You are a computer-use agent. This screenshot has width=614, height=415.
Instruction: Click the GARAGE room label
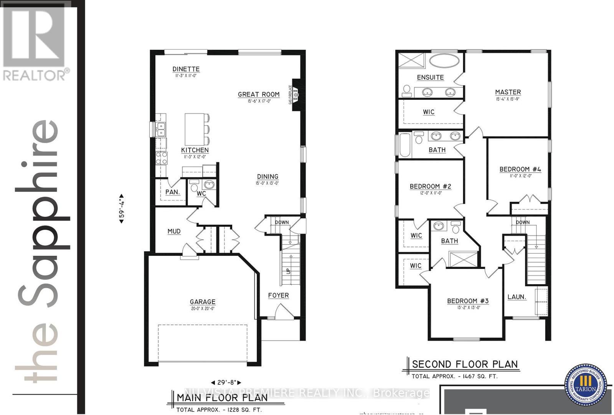coord(202,302)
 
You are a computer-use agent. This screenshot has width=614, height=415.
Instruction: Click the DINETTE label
coord(186,69)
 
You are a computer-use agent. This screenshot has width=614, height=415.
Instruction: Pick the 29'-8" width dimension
coord(226,382)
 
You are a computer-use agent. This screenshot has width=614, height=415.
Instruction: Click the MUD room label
coord(174,231)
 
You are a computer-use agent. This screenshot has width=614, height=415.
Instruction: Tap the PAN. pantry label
coord(172,192)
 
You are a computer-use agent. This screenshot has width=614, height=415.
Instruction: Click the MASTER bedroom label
coord(508,92)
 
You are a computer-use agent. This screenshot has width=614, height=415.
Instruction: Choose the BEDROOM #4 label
coord(520,169)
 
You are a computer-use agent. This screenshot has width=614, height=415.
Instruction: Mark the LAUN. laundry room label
coord(517,297)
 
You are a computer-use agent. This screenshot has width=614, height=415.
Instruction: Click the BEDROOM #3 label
coord(467,301)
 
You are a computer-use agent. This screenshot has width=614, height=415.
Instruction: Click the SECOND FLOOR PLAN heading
coord(465,364)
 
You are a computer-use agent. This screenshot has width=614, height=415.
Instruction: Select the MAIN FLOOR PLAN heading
coord(222,397)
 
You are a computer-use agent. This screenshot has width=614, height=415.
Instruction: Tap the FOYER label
coord(278,295)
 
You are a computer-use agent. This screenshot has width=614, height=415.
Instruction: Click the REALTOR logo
coord(35,42)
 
